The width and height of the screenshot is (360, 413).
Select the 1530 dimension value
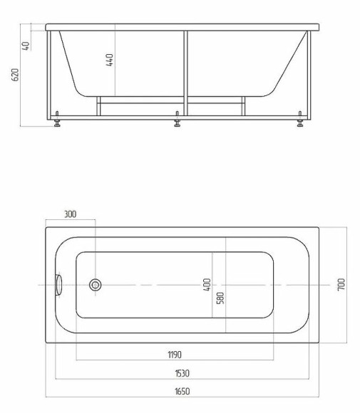tap(182, 372)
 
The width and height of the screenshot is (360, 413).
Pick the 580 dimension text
tap(220, 298)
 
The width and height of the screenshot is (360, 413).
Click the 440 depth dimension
tap(110, 61)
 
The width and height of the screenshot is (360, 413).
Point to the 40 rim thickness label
tap(26, 45)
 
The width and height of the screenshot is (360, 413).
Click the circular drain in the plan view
tap(96, 285)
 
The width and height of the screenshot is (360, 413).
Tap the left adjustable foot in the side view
tap(57, 122)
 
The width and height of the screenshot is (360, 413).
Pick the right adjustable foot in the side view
tap(300, 122)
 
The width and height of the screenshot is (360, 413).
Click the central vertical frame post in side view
tap(185, 71)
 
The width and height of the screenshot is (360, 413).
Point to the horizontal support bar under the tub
tap(143, 100)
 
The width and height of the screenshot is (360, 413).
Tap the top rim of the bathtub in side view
tap(182, 27)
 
